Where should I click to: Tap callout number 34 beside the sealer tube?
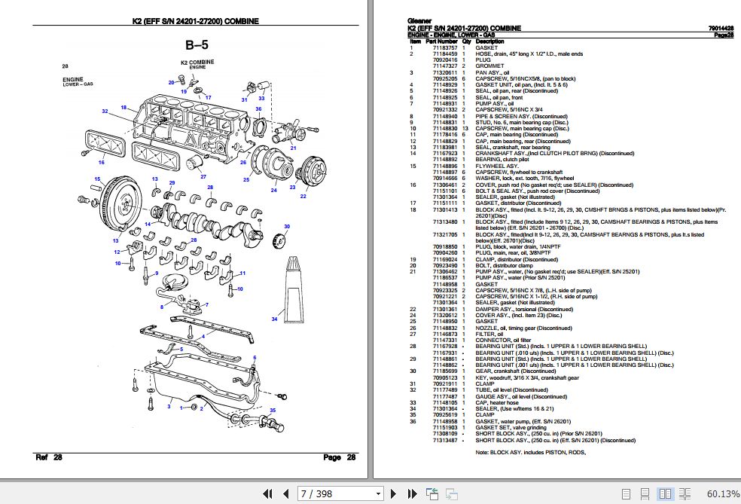(274, 319)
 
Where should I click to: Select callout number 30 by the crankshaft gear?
(286, 226)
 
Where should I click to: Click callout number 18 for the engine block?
(123, 107)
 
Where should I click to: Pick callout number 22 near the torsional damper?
(303, 196)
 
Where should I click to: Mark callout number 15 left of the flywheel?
(97, 179)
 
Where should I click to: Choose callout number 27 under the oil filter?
(203, 176)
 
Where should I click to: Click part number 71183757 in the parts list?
(444, 47)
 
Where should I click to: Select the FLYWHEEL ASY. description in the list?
(497, 166)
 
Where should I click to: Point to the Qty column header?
(466, 41)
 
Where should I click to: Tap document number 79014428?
(721, 28)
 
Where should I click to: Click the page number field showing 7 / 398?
(339, 493)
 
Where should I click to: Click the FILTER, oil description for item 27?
(490, 334)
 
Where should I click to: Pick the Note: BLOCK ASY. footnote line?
(529, 453)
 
